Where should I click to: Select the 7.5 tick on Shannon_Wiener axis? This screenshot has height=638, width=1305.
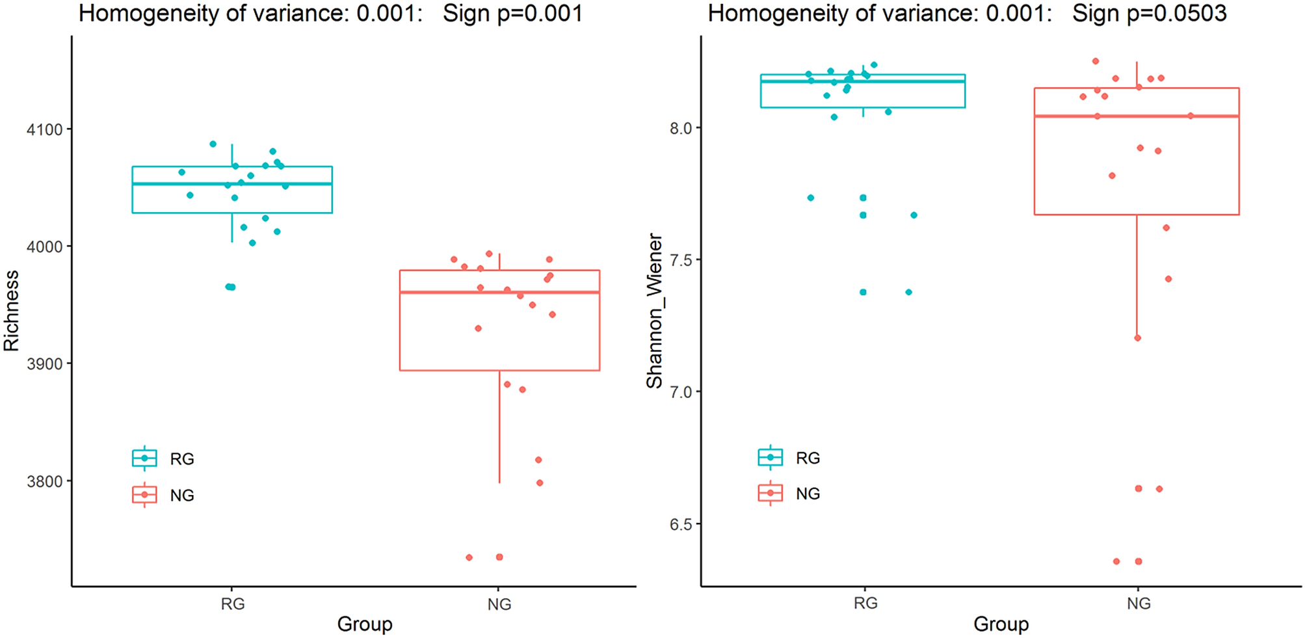(681, 260)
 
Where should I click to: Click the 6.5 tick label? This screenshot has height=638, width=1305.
(681, 524)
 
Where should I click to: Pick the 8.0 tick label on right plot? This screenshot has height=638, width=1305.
(681, 128)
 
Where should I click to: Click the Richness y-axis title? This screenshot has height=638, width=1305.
(12, 311)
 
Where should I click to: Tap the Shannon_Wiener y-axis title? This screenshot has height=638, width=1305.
(654, 311)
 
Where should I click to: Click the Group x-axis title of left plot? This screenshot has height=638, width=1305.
(364, 624)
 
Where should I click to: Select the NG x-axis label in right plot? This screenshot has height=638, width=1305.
(1139, 604)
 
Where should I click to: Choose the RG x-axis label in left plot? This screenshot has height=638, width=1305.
(232, 604)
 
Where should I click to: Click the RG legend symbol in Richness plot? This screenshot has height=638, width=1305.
(144, 459)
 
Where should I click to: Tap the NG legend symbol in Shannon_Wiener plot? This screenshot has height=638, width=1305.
(771, 494)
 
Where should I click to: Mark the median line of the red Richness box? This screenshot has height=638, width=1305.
(499, 293)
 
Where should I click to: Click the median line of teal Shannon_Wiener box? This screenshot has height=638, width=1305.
(863, 81)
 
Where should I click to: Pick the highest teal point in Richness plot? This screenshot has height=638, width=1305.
(213, 144)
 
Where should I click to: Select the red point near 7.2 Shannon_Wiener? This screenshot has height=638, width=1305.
(1138, 338)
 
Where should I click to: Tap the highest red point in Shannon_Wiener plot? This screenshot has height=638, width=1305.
(1096, 62)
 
